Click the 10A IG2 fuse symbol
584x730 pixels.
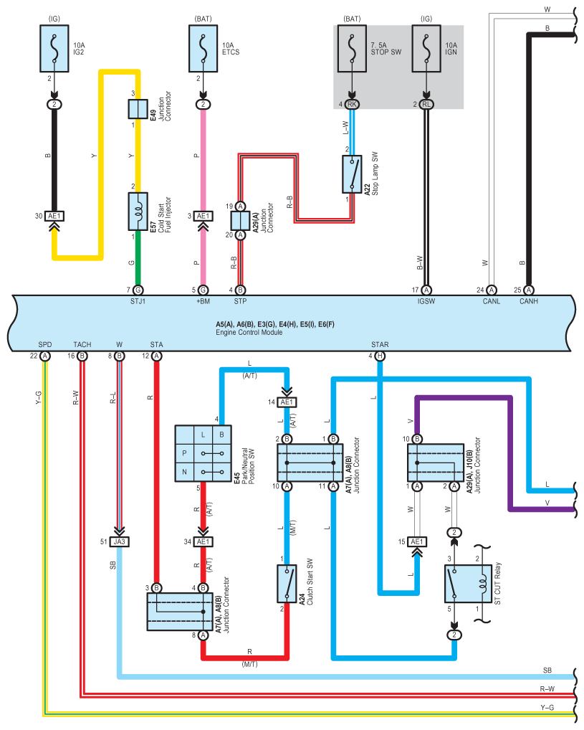(x=54, y=49)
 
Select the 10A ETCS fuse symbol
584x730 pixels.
(x=204, y=49)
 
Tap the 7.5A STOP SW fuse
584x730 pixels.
(x=352, y=49)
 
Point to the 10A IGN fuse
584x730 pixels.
(x=426, y=49)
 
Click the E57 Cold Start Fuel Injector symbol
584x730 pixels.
(x=138, y=212)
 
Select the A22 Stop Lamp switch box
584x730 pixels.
(x=352, y=174)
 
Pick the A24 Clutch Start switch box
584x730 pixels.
(x=287, y=584)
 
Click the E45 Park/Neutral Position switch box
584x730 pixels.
(x=203, y=453)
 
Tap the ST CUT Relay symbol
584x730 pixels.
(x=468, y=584)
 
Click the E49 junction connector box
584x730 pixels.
(x=138, y=109)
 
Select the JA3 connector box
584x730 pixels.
(x=119, y=542)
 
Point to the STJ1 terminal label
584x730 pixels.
(x=138, y=302)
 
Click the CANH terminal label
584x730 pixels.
(x=529, y=302)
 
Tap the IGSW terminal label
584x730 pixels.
(x=426, y=302)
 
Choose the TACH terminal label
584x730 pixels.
(x=82, y=344)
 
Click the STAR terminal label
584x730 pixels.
(x=380, y=344)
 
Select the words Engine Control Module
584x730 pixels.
(x=249, y=333)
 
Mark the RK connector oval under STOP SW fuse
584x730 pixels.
(x=352, y=104)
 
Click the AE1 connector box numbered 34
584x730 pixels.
(x=203, y=542)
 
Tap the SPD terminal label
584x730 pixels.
(x=45, y=344)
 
